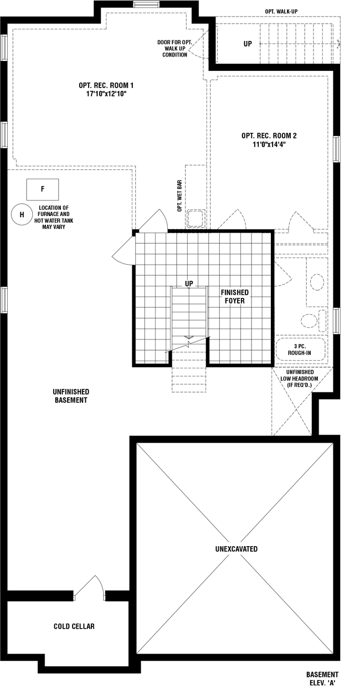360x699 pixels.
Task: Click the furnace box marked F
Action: pyautogui.click(x=43, y=189)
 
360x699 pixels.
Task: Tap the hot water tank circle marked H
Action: pyautogui.click(x=22, y=214)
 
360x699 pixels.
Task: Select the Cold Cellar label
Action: pyautogui.click(x=74, y=626)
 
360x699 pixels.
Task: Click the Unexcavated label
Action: pyautogui.click(x=236, y=549)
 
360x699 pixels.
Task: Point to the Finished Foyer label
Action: pyautogui.click(x=235, y=296)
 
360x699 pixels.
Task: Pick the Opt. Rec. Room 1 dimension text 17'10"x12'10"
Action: pyautogui.click(x=106, y=94)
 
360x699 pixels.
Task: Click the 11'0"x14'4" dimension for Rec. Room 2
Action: pyautogui.click(x=269, y=144)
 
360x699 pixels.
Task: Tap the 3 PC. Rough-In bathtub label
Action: pyautogui.click(x=300, y=349)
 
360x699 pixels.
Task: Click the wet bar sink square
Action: pyautogui.click(x=196, y=218)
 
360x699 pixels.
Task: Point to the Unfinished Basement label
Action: pyautogui.click(x=71, y=395)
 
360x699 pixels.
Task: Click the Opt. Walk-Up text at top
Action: pyautogui.click(x=281, y=12)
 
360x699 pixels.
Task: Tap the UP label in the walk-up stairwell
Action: pyautogui.click(x=248, y=44)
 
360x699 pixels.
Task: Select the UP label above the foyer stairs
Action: pyautogui.click(x=189, y=284)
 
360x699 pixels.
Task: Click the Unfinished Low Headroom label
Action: pyautogui.click(x=299, y=378)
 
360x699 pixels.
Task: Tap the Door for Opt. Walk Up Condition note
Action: pyautogui.click(x=174, y=48)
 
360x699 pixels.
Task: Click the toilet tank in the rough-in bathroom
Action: pyautogui.click(x=322, y=319)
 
